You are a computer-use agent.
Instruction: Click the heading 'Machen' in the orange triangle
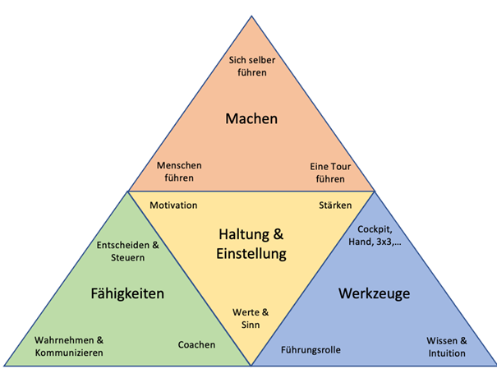point(251,119)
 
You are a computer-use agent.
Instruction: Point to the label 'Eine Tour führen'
point(330,171)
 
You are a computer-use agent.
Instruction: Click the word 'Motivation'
point(173,205)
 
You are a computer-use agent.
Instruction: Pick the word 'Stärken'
point(335,205)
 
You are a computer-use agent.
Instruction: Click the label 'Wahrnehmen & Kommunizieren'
point(69,346)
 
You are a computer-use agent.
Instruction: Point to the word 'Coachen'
point(197,345)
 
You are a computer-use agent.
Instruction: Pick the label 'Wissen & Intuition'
point(446,347)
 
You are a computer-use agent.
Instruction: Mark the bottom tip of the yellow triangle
point(251,364)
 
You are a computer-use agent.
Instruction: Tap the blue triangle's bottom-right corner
point(495,365)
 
